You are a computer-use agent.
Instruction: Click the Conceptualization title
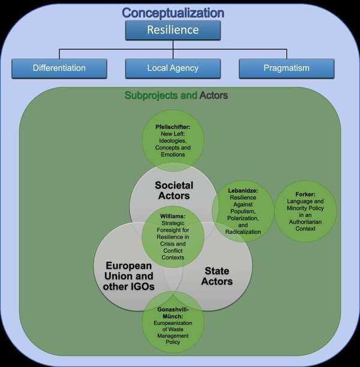[173, 13]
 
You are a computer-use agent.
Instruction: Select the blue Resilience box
[173, 30]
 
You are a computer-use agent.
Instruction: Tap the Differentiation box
[59, 68]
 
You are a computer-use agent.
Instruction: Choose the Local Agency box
[173, 68]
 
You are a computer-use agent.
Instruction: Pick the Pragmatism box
[286, 68]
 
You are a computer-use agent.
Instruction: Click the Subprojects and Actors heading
[176, 96]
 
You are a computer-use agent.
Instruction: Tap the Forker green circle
[305, 210]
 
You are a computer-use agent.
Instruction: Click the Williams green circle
[173, 236]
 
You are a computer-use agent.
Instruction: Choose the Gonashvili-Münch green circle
[173, 324]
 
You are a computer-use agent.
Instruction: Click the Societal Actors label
[172, 190]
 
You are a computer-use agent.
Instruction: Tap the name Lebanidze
[243, 190]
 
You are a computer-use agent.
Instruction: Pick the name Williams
[173, 214]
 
